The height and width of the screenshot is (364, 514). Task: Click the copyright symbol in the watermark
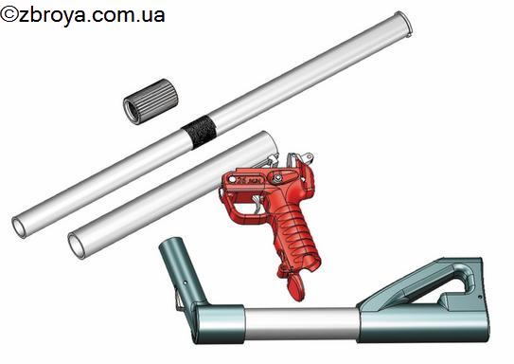[x=9, y=15]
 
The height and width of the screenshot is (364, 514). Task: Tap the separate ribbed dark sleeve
[x=151, y=101]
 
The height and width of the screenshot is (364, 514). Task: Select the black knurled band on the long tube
[x=200, y=132]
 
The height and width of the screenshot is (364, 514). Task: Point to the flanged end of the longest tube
[x=403, y=24]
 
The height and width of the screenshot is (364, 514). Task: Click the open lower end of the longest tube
[x=19, y=227]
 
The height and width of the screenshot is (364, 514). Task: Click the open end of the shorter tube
[x=77, y=246]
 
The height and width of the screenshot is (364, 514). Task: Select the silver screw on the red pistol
[x=278, y=178]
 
